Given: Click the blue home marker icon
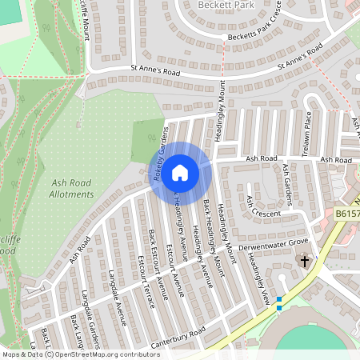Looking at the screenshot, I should point(180,172).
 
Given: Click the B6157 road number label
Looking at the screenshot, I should point(346,214).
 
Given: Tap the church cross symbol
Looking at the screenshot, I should point(303,262).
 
